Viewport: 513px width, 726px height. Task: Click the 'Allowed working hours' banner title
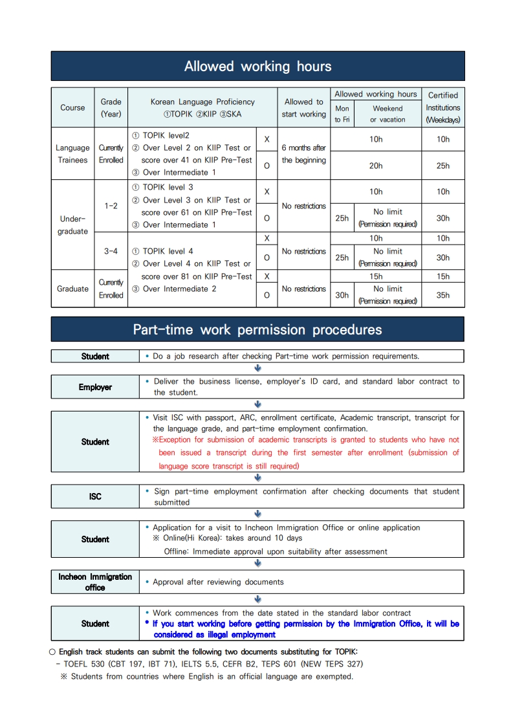click(x=257, y=66)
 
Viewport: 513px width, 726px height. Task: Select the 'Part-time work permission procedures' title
click(x=257, y=329)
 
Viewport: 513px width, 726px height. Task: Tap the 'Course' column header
click(x=72, y=107)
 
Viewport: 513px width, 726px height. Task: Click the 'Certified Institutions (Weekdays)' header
click(x=443, y=107)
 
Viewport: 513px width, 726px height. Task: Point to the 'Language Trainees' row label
click(x=72, y=153)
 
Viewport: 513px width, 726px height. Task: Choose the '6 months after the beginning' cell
click(x=304, y=154)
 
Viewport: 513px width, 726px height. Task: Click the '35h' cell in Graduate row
click(x=443, y=295)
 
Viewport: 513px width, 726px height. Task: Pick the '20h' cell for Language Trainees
click(x=376, y=166)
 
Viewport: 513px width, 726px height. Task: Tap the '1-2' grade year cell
click(x=111, y=206)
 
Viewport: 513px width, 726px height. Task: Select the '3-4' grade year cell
click(x=111, y=251)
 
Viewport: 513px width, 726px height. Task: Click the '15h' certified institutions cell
click(x=443, y=276)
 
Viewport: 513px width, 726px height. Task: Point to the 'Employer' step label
click(x=95, y=387)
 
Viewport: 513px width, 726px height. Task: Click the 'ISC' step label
click(x=95, y=496)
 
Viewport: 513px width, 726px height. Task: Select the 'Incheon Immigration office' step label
click(x=95, y=582)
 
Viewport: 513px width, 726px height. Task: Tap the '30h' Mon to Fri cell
click(x=342, y=295)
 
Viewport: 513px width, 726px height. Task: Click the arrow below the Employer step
click(x=257, y=404)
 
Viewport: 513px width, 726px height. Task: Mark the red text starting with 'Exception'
click(x=305, y=453)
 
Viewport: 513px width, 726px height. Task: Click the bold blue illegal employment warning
click(x=305, y=629)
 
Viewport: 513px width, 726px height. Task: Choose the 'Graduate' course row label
click(x=72, y=289)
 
